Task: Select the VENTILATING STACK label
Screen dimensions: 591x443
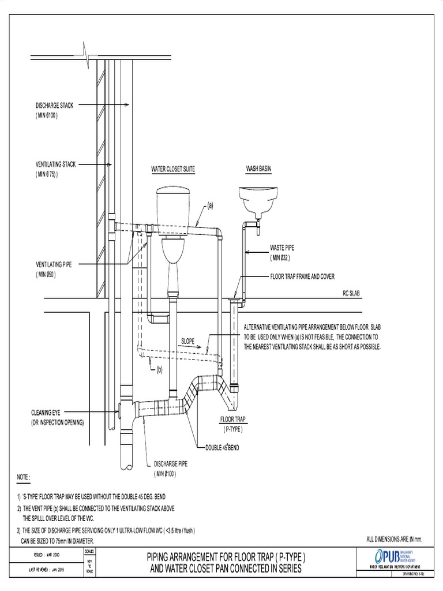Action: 57,165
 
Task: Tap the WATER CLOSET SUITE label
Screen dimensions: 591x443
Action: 172,170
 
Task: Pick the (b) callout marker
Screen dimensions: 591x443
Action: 159,369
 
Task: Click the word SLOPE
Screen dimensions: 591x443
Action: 190,341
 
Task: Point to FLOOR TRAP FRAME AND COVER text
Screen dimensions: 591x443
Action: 302,277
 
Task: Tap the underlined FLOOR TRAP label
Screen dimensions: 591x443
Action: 232,418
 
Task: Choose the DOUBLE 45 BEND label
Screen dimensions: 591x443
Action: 227,447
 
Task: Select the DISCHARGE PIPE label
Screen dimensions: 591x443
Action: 170,463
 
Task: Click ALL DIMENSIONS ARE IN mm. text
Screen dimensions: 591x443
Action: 395,540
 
